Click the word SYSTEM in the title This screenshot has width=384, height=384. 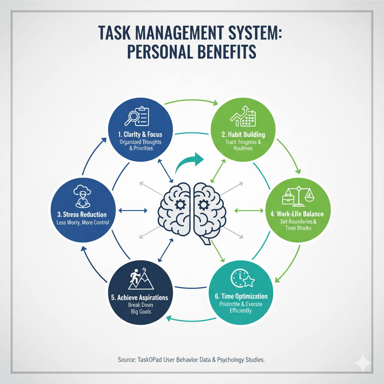tap(244, 34)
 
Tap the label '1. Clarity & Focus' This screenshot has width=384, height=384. tap(140, 134)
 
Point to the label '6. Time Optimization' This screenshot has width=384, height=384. tap(241, 296)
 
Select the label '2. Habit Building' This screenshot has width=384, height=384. tap(243, 134)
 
